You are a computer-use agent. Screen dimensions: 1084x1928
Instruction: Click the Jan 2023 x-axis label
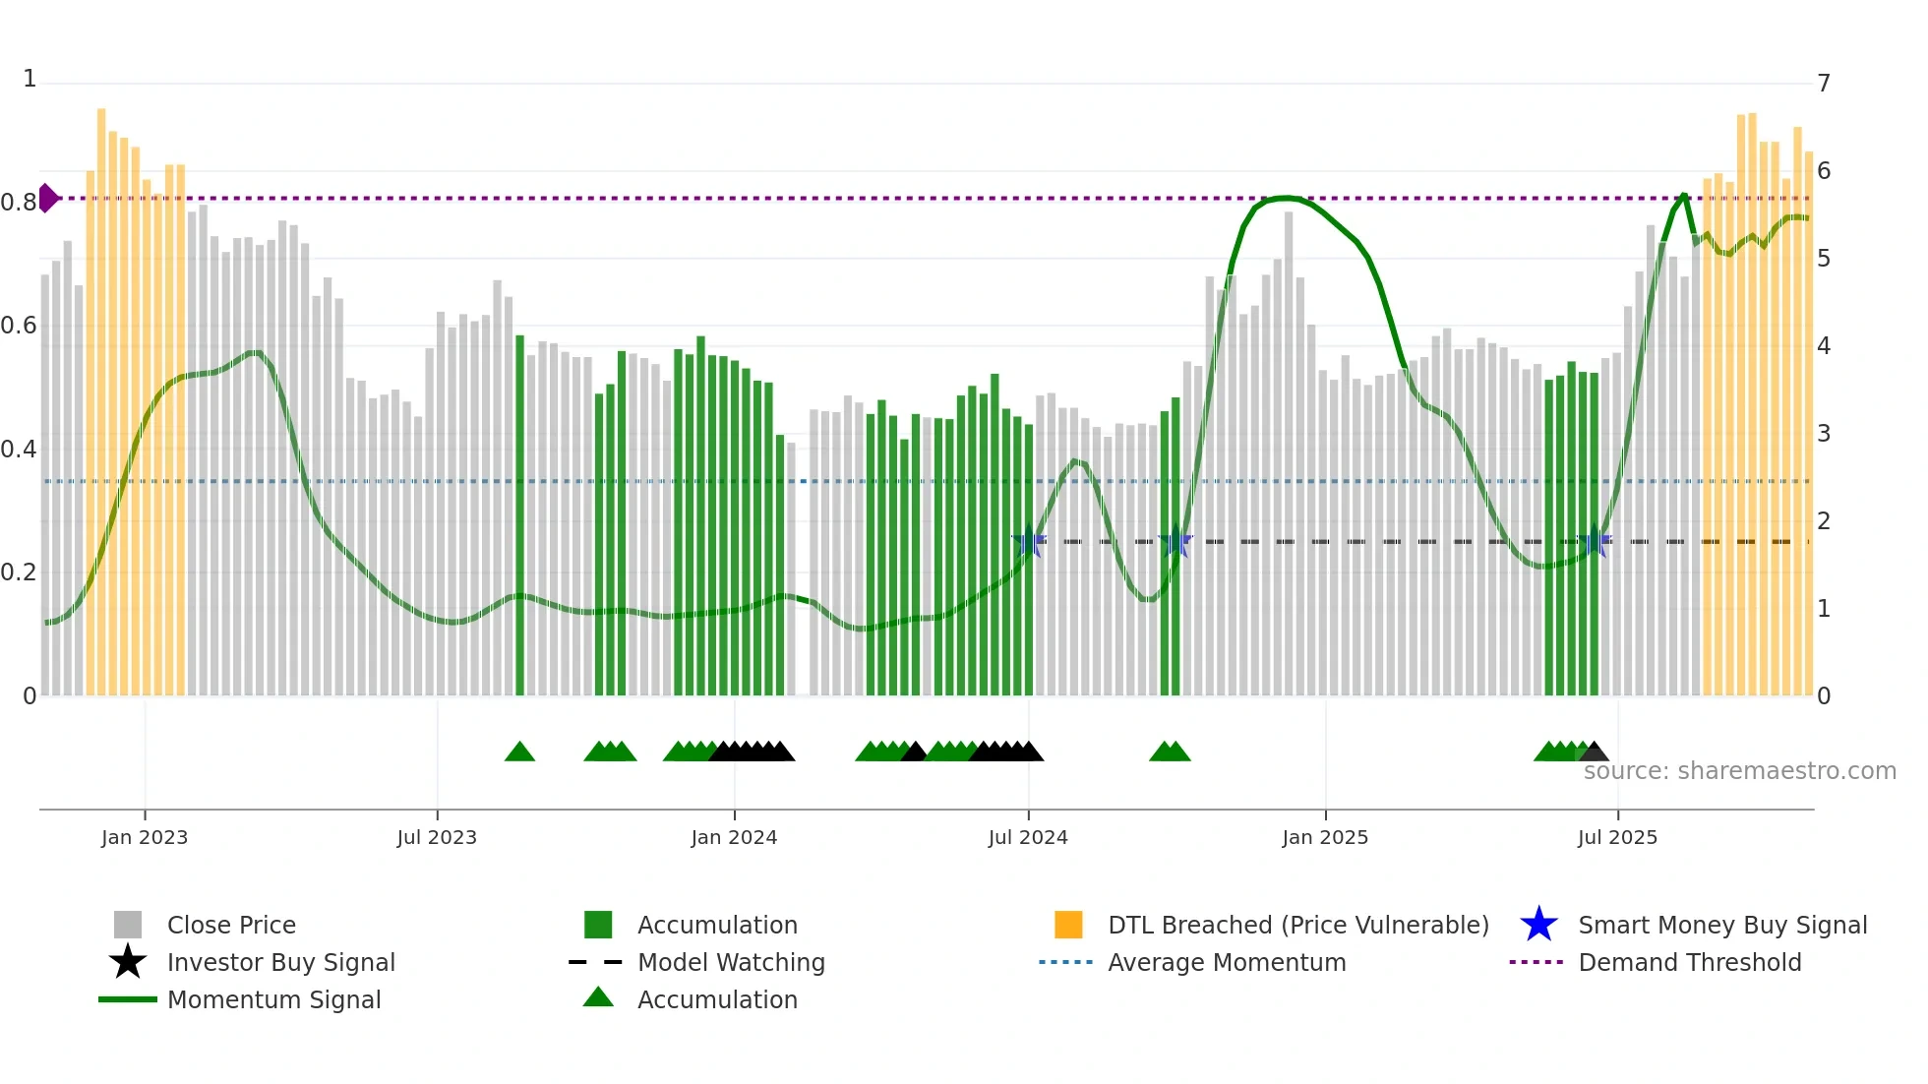[x=144, y=837]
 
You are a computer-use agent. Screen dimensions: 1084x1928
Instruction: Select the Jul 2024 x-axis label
[x=1028, y=837]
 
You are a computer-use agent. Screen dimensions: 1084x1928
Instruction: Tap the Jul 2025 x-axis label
[x=1617, y=837]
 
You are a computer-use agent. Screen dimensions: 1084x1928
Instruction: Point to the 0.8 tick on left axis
[x=18, y=203]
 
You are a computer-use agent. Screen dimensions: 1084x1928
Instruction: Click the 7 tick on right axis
[x=1824, y=84]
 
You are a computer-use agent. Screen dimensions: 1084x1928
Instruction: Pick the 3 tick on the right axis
[x=1824, y=434]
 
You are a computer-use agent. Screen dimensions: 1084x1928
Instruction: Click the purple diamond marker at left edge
[x=47, y=198]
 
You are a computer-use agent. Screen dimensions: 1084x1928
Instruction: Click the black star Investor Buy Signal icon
[x=128, y=962]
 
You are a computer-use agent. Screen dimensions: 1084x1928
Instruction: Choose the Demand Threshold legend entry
[x=1689, y=962]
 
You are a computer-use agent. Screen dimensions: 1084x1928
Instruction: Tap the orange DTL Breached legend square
[x=1068, y=925]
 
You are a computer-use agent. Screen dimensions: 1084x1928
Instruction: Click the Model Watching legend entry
[x=730, y=962]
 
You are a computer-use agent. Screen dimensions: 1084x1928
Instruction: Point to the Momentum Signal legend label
[x=273, y=999]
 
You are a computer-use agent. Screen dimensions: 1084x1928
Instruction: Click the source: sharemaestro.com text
[x=1739, y=771]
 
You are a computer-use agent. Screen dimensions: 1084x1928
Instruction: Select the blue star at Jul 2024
[x=1029, y=541]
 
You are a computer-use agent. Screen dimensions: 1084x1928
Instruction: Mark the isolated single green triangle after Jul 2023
[x=519, y=752]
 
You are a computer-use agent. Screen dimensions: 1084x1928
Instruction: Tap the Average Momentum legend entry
[x=1226, y=962]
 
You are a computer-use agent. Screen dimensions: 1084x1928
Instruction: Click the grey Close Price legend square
[x=128, y=925]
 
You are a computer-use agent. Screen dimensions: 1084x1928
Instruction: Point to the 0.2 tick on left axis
[x=18, y=572]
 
